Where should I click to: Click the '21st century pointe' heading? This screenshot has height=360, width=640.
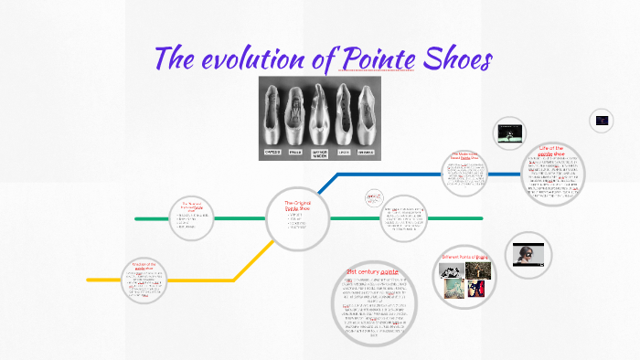pyautogui.click(x=370, y=272)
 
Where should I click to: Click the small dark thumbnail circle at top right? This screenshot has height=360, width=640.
pyautogui.click(x=602, y=120)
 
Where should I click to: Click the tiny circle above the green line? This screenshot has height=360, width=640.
pyautogui.click(x=374, y=197)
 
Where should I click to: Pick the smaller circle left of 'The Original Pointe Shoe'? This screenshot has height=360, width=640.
pyautogui.click(x=192, y=218)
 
